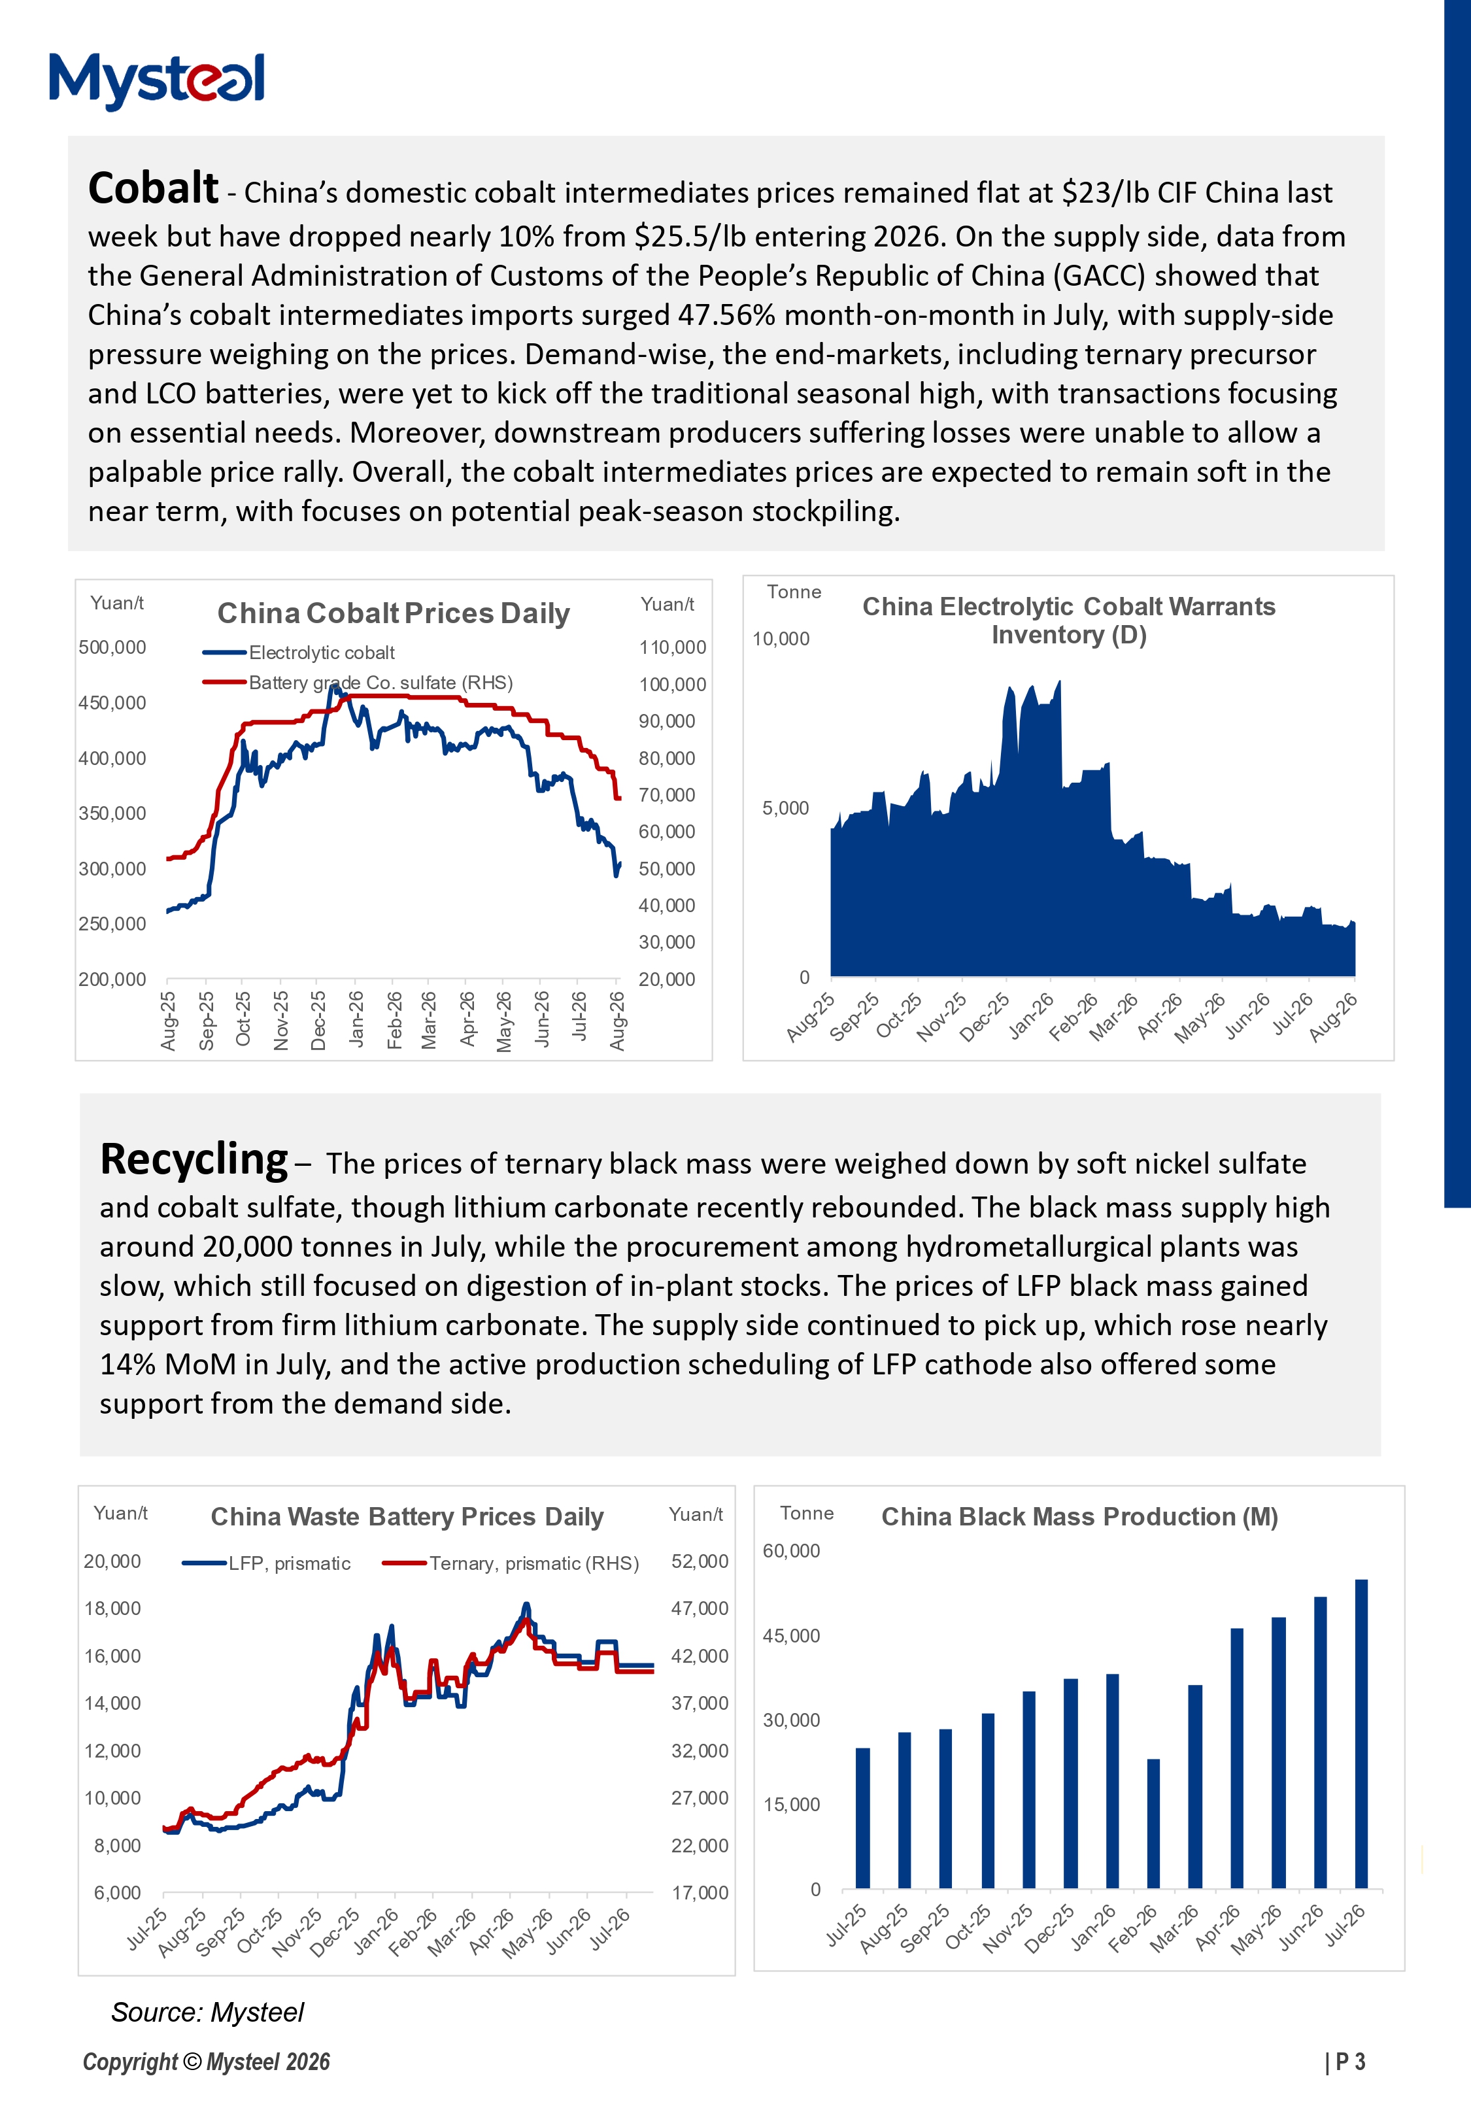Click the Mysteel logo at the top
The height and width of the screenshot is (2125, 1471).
pyautogui.click(x=157, y=80)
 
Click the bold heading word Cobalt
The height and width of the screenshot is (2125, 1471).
pyautogui.click(x=153, y=188)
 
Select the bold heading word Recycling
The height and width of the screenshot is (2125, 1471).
pyautogui.click(x=194, y=1159)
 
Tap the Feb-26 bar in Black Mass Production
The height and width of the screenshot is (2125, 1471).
pyautogui.click(x=1153, y=1824)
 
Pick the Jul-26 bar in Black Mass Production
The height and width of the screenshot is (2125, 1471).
pyautogui.click(x=1361, y=1733)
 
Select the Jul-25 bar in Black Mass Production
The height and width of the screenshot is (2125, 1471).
pyautogui.click(x=863, y=1818)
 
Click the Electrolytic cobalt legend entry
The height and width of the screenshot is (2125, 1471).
pyautogui.click(x=299, y=653)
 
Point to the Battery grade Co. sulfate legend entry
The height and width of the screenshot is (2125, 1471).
pyautogui.click(x=358, y=683)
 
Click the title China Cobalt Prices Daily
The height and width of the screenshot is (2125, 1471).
pyautogui.click(x=394, y=614)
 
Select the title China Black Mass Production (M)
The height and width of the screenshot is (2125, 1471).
pyautogui.click(x=1079, y=1517)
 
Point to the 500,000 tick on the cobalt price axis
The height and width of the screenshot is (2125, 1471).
pyautogui.click(x=112, y=647)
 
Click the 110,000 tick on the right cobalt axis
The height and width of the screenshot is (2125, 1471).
pyautogui.click(x=673, y=647)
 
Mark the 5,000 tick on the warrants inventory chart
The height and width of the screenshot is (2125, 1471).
pyautogui.click(x=785, y=808)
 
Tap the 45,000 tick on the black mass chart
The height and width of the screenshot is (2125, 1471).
pyautogui.click(x=791, y=1636)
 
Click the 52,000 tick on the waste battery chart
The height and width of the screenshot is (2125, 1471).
pyautogui.click(x=700, y=1561)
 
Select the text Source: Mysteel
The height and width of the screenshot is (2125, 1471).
pyautogui.click(x=207, y=2013)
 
